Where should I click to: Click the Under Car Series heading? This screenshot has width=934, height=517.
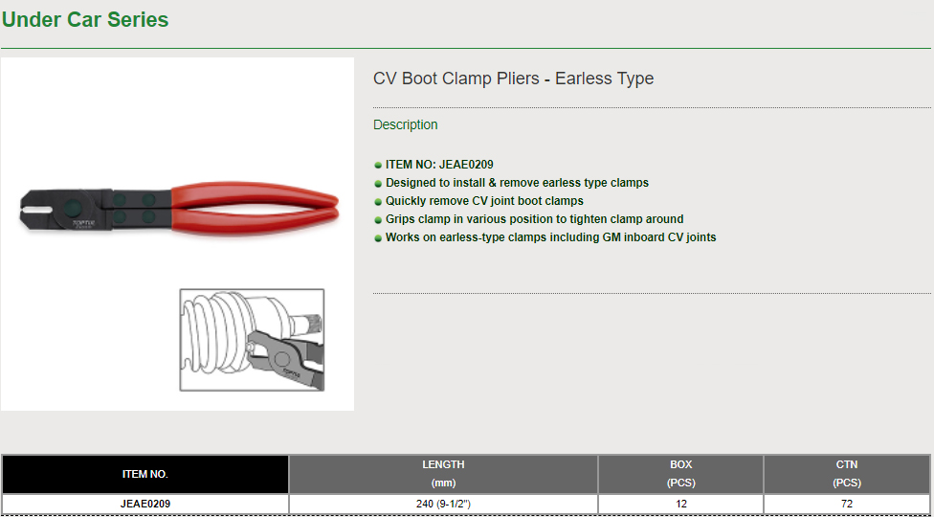click(x=85, y=20)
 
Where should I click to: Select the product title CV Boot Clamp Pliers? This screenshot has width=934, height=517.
click(x=514, y=79)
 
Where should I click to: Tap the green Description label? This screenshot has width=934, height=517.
click(x=405, y=124)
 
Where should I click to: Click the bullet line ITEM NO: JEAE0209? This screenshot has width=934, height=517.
click(x=439, y=165)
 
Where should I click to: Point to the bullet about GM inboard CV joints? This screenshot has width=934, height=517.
click(x=551, y=237)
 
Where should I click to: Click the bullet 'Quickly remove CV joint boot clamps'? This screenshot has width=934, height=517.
click(x=484, y=201)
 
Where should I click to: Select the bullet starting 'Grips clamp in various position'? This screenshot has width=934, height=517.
click(x=534, y=218)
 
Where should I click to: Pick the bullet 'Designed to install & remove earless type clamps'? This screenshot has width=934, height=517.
click(x=517, y=183)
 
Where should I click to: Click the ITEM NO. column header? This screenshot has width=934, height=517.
click(x=145, y=474)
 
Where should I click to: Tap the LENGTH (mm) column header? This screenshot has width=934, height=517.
click(x=443, y=474)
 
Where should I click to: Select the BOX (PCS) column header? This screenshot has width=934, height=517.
click(x=680, y=474)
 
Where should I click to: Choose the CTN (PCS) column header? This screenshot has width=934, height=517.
click(x=846, y=474)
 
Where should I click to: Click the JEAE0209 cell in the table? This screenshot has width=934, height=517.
click(x=145, y=504)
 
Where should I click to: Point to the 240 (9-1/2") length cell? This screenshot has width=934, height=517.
click(x=443, y=504)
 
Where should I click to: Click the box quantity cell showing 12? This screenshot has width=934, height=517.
click(x=680, y=504)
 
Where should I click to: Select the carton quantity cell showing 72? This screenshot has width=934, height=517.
click(x=846, y=504)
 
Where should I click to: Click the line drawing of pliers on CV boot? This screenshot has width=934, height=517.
click(x=252, y=340)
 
